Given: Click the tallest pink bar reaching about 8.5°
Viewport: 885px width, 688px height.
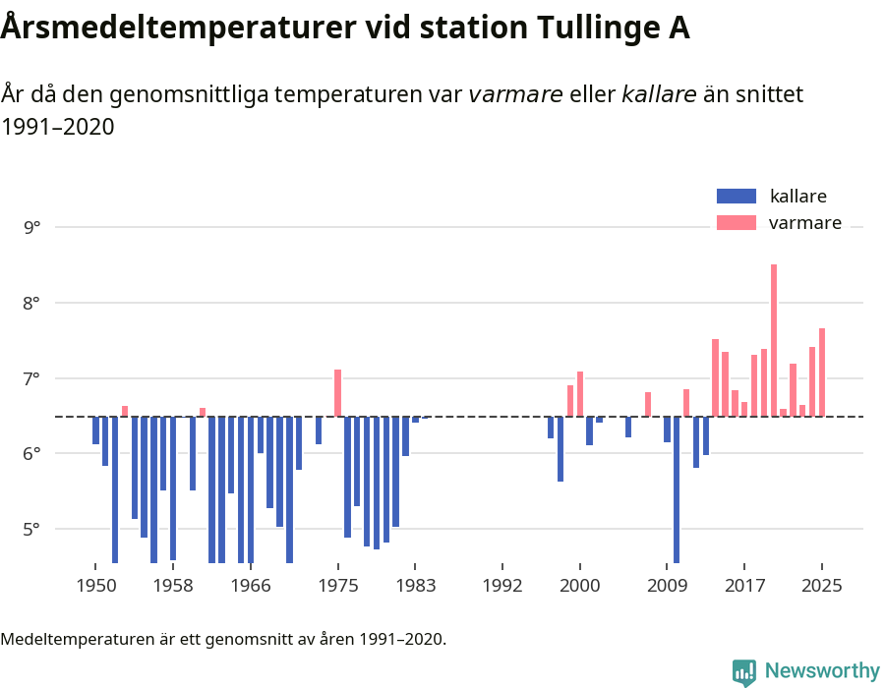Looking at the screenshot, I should coord(774,340).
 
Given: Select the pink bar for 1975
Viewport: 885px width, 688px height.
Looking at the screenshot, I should coord(337,393).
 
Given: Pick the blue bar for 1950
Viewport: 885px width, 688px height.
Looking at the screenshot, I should coord(95,430).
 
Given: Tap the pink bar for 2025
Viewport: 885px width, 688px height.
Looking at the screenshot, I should coord(822,373).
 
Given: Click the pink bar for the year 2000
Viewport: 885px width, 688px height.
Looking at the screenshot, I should coord(580,394).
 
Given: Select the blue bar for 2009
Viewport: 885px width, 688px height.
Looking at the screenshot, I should coord(667,430).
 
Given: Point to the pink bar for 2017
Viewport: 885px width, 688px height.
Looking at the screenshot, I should coord(744,409).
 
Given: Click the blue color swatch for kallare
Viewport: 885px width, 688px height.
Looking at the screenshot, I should coord(736,196).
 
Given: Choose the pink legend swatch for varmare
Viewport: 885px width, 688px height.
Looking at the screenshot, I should coord(736,223).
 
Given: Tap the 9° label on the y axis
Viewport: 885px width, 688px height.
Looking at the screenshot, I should coord(32,227).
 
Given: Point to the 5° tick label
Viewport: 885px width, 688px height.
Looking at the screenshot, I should coord(32,529).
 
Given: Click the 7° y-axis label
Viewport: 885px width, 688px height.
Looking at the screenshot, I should coord(32,378).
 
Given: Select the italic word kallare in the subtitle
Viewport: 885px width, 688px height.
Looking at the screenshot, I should coord(659,94).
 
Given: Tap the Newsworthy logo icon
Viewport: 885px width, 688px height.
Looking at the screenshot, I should coord(744,671).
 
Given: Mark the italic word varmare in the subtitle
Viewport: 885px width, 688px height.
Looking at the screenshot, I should coord(515,94).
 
